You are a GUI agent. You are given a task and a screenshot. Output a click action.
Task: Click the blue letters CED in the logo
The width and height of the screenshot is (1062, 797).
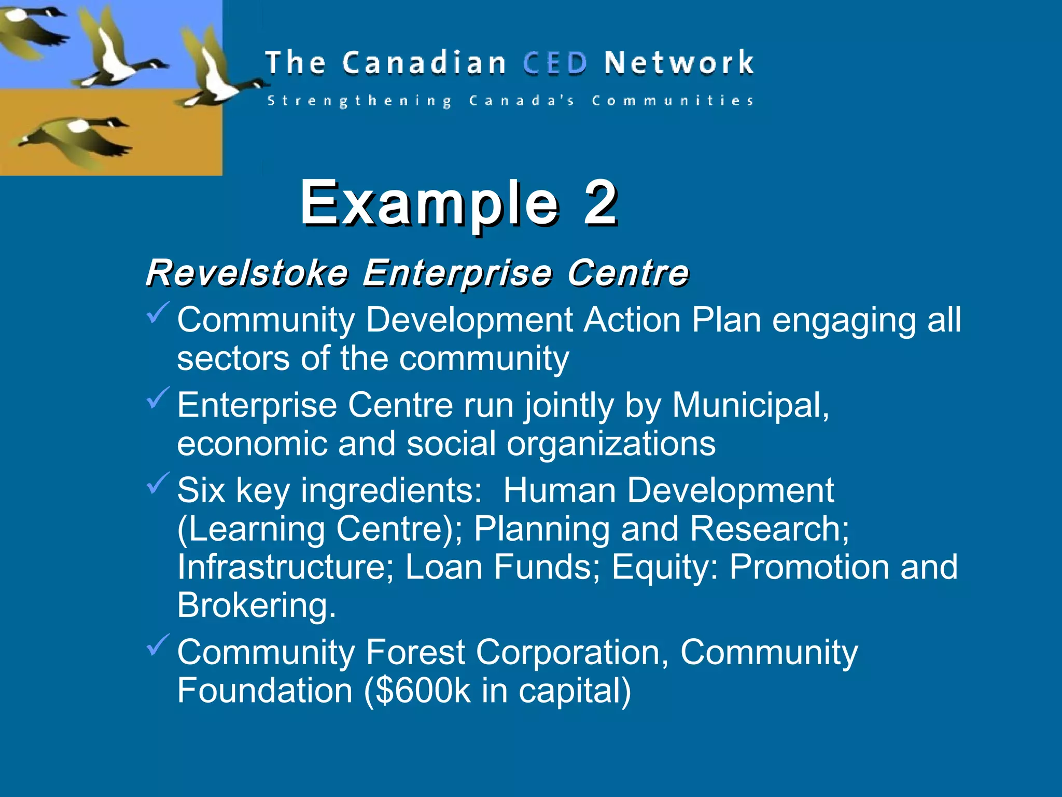555,63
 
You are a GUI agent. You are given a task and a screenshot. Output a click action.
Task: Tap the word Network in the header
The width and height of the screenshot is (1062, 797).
679,63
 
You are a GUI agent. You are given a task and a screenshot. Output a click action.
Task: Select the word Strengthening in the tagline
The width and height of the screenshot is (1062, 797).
359,101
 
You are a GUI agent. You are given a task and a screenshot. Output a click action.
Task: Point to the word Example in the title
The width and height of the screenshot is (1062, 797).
429,203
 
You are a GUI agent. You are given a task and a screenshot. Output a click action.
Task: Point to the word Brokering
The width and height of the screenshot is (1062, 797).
256,605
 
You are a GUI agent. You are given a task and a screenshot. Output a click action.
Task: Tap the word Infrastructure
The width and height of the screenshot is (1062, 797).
285,567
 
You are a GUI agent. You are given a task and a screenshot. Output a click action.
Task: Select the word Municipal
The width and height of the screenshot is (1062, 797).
750,405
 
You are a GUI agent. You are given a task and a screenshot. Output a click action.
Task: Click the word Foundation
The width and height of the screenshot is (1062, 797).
265,691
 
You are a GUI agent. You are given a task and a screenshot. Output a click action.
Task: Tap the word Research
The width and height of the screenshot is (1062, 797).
769,529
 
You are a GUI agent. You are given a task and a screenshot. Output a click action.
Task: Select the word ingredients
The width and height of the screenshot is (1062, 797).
392,490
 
